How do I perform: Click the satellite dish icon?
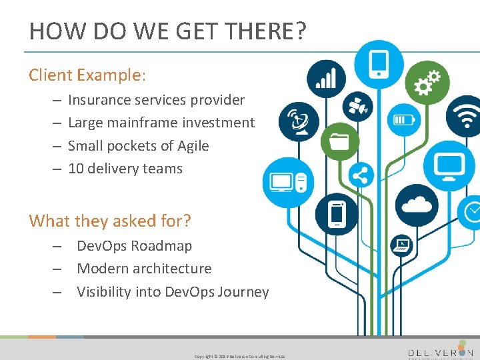pos(298,121)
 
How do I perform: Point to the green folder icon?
pos(339,141)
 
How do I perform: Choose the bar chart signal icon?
pos(326,79)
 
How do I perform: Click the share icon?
pos(361,176)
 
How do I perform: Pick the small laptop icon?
pos(402,245)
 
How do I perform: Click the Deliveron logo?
pos(440,352)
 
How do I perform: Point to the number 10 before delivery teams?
pos(75,169)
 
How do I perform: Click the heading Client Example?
pos(87,75)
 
